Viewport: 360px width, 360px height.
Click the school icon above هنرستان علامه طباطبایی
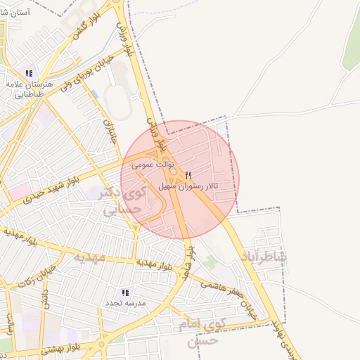tap(29, 73)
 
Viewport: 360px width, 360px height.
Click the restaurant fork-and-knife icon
tap(188, 175)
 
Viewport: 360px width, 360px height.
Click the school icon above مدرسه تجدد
tap(126, 292)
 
